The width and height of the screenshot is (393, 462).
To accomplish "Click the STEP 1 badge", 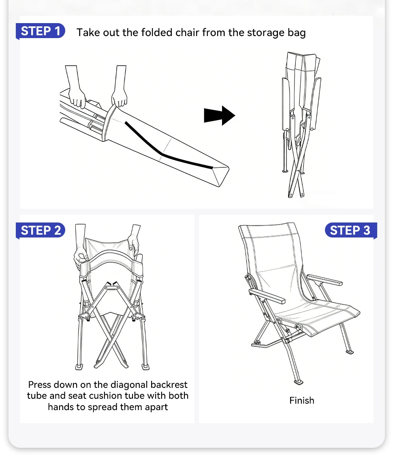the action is [41, 31].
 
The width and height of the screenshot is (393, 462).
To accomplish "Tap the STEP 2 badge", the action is [41, 230].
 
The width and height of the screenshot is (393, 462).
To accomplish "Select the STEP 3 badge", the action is [351, 231].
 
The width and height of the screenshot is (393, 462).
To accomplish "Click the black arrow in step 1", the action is [220, 115].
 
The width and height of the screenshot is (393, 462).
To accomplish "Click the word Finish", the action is [302, 400].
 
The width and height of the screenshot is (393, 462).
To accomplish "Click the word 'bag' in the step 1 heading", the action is [297, 33].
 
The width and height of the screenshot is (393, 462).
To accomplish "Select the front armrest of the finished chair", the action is [267, 296].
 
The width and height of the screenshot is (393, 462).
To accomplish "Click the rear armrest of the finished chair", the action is [325, 280].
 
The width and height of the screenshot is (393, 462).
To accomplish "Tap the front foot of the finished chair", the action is [299, 382].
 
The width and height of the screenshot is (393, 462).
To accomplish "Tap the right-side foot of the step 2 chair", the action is [145, 367].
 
